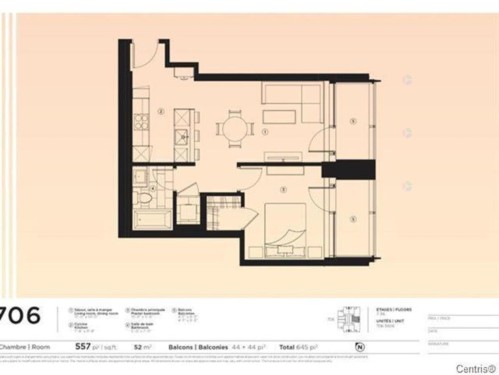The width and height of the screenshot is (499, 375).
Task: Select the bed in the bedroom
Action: coord(286,226)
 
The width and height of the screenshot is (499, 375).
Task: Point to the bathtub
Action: coord(149,215)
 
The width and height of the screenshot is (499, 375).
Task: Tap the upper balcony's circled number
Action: coord(352,120)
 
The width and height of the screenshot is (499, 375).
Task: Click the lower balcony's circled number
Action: coord(352,217)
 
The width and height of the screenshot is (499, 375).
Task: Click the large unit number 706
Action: coord(23,316)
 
